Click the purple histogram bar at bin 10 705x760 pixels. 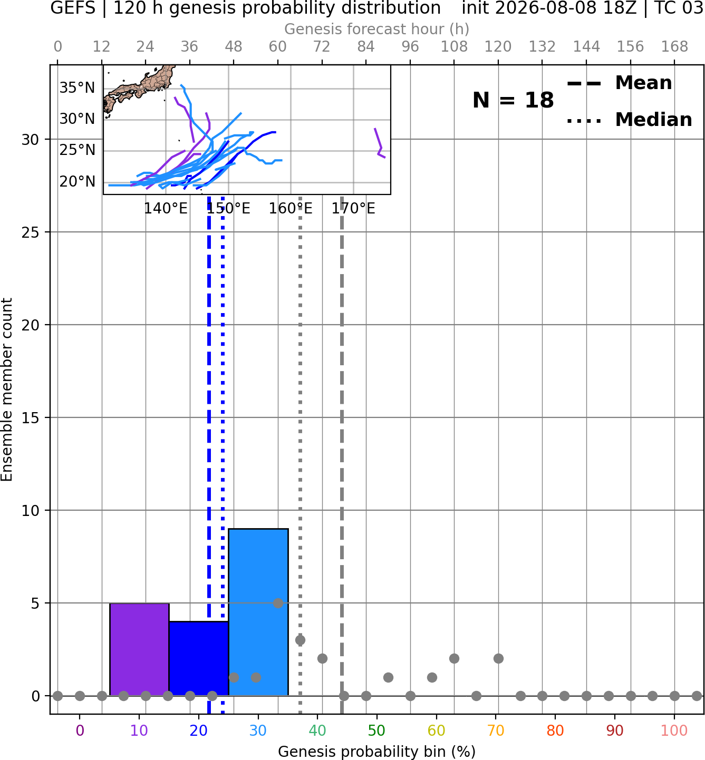[x=139, y=649]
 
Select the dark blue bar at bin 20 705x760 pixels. [x=199, y=659]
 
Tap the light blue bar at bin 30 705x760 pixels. [x=258, y=612]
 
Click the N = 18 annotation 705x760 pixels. [x=513, y=100]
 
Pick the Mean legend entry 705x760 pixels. [x=620, y=83]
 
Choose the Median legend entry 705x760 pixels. [x=630, y=120]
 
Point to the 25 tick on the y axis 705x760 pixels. [x=31, y=232]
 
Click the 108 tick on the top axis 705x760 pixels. [x=454, y=47]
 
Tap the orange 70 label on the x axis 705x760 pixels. [x=496, y=731]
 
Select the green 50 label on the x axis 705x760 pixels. [x=377, y=731]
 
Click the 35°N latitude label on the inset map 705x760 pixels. [x=77, y=88]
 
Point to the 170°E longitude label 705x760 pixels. [x=353, y=209]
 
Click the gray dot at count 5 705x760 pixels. [x=278, y=603]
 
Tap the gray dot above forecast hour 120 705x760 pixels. [x=498, y=659]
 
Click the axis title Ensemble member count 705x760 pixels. [x=6, y=389]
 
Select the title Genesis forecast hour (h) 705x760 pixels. [x=377, y=29]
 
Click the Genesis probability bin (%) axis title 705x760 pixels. [x=377, y=752]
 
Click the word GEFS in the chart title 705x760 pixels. [x=73, y=8]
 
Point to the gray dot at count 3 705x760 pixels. [x=300, y=640]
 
